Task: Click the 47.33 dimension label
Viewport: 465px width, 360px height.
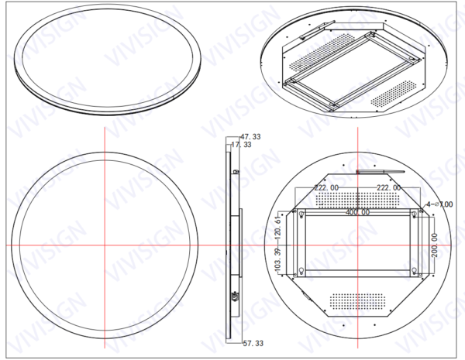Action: [250, 136]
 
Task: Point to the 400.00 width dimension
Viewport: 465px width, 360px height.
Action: [357, 211]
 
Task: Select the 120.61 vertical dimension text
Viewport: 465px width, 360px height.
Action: [278, 228]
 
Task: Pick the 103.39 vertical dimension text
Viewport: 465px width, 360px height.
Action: [278, 261]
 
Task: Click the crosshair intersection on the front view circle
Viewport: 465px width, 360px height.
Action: [103, 245]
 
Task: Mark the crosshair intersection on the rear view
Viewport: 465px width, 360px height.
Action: [357, 245]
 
